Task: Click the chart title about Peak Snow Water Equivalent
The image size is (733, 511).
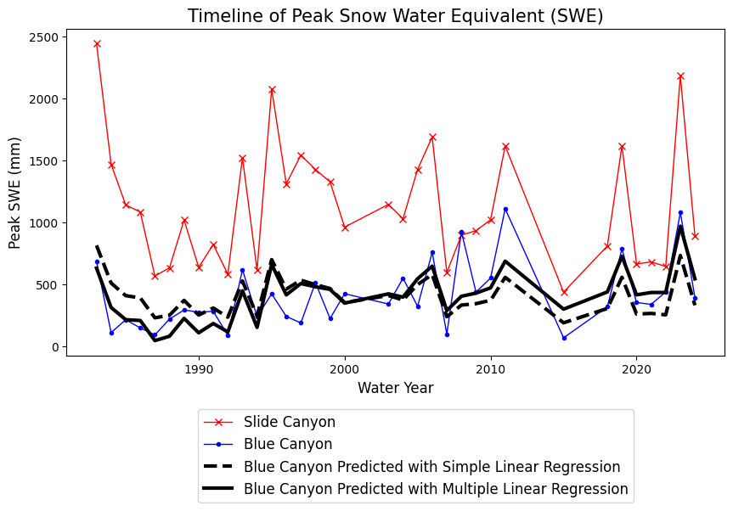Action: (396, 16)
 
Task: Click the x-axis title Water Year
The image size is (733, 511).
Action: (396, 388)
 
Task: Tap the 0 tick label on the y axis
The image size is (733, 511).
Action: (54, 347)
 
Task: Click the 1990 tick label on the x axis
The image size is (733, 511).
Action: (199, 369)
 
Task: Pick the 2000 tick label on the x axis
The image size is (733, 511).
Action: (345, 369)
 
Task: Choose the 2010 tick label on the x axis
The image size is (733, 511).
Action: (490, 369)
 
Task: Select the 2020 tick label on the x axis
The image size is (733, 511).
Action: (636, 369)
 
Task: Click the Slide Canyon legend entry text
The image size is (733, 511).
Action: (289, 422)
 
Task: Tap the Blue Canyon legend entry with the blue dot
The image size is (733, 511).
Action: (287, 444)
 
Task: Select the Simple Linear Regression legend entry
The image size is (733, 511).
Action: (431, 467)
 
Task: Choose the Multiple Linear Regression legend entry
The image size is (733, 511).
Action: (436, 489)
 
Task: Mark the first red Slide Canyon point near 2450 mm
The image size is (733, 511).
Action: (97, 43)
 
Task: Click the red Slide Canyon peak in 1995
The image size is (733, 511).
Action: (272, 89)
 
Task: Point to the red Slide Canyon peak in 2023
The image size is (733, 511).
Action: (680, 76)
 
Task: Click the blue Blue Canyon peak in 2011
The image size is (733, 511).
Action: (505, 209)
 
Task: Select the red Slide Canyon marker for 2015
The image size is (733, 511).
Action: (564, 292)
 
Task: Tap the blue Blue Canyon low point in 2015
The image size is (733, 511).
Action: (564, 338)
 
